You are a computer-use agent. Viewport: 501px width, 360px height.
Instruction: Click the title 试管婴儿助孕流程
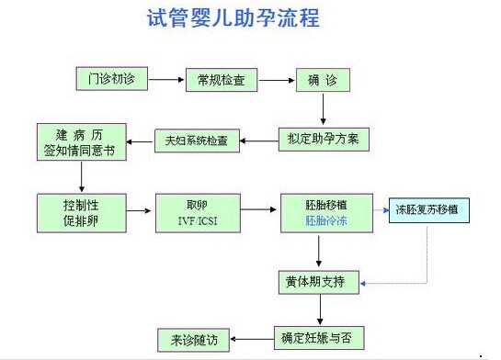click(x=234, y=18)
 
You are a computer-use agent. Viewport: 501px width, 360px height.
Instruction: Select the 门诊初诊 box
click(x=111, y=79)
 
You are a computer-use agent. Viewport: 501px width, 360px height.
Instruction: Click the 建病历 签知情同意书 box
click(x=78, y=140)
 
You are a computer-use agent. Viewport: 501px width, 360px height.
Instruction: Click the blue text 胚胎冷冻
click(x=325, y=221)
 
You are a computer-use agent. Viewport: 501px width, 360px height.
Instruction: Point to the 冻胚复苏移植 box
click(x=428, y=209)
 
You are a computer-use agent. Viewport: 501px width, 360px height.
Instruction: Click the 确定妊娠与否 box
click(x=315, y=335)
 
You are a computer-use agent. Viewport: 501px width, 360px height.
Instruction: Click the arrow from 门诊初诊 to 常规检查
click(x=166, y=80)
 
